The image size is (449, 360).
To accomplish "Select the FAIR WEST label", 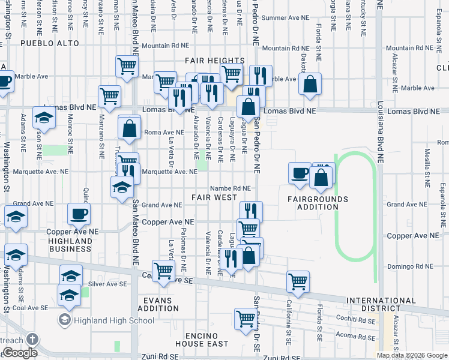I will [214, 197].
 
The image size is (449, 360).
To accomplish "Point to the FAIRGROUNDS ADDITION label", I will [317, 203].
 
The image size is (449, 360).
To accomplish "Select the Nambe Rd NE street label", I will [230, 188].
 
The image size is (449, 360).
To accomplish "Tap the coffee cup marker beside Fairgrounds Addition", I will [300, 173].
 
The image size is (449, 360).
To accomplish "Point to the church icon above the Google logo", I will [31, 339].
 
